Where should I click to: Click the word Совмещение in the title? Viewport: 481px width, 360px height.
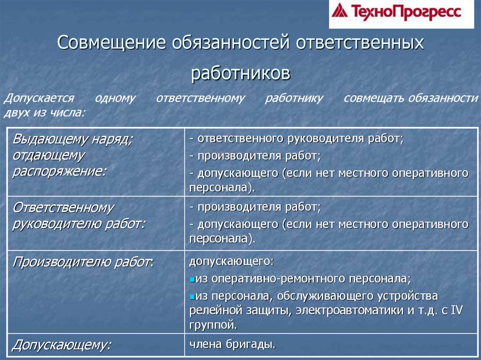(111, 42)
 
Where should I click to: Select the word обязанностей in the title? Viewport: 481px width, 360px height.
(231, 42)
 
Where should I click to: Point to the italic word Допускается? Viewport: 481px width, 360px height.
(39, 99)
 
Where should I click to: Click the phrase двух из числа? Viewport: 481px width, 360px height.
(44, 113)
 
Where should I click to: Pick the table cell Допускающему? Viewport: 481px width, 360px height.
(62, 345)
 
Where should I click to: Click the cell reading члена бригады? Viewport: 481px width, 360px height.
(233, 345)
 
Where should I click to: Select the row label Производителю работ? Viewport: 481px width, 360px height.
(83, 262)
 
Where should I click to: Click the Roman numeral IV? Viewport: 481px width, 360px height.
(457, 310)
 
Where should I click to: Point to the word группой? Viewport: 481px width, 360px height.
(214, 325)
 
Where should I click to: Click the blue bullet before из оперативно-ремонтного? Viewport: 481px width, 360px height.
(192, 280)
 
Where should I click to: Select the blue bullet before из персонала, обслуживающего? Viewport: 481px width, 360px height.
(192, 297)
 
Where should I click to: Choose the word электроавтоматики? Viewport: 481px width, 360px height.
(349, 310)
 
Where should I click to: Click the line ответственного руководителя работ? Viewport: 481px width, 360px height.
(297, 138)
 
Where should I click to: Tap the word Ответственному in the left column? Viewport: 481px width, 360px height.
(63, 208)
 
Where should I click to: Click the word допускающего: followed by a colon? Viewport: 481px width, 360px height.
(231, 261)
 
